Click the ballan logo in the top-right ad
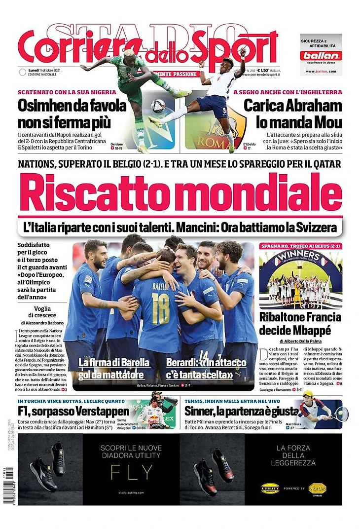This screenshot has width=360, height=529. [x=321, y=56]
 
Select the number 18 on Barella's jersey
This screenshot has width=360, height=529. [x=160, y=302]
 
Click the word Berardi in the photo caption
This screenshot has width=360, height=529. [x=182, y=363]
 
